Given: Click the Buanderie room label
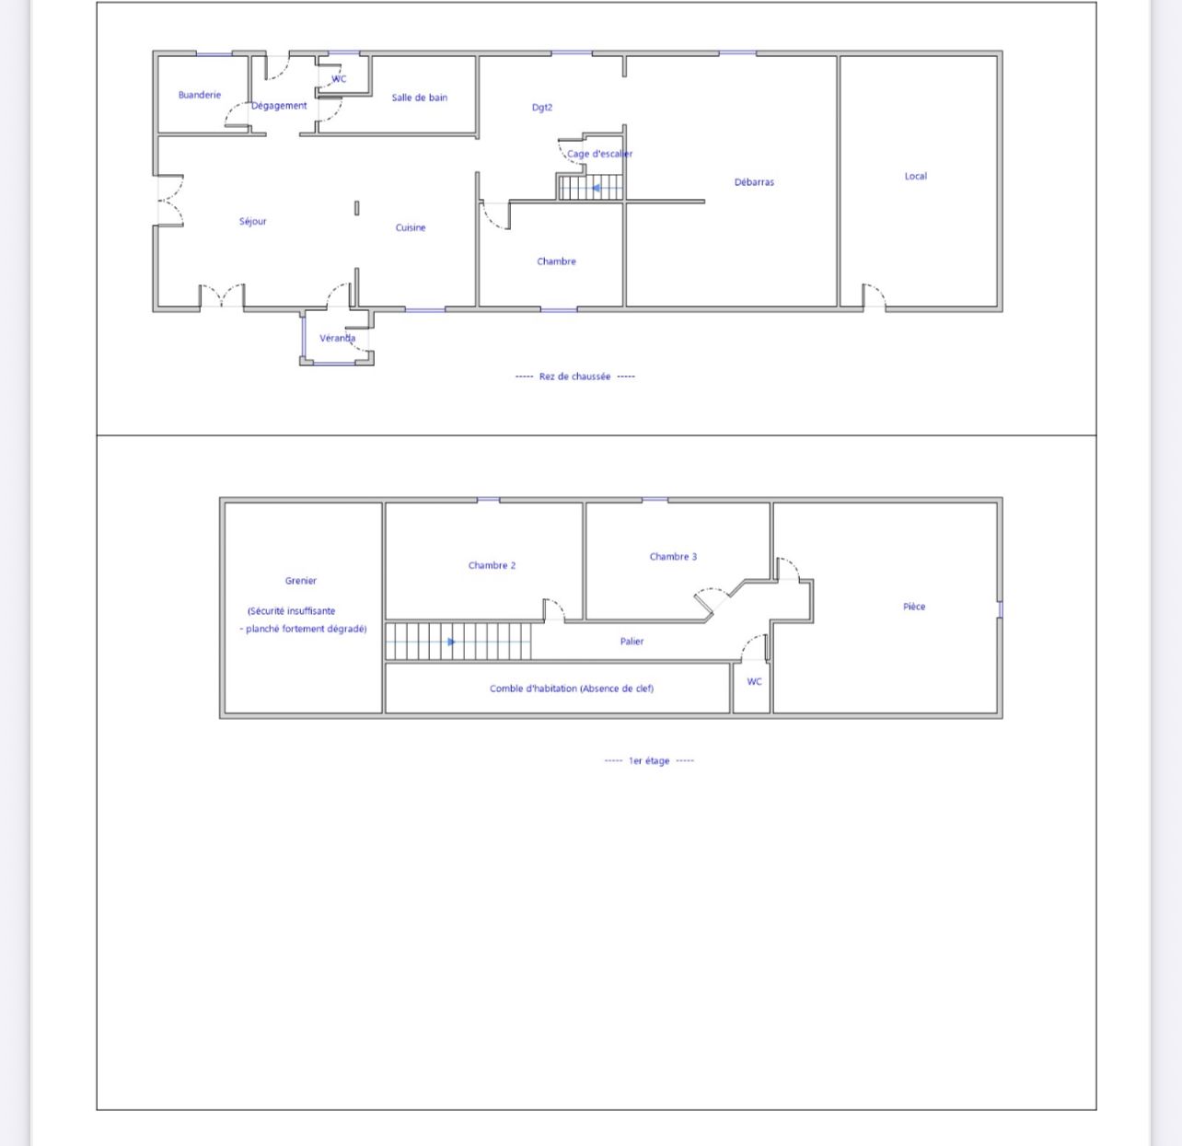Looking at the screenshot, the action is (x=199, y=95).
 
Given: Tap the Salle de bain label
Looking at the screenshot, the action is (x=419, y=98).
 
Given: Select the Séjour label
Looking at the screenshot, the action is (x=252, y=222).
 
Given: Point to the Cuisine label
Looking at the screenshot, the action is (x=410, y=227).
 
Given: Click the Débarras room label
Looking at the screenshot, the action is (x=754, y=182).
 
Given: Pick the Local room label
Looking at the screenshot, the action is (x=915, y=176).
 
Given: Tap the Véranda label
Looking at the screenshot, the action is (x=337, y=338).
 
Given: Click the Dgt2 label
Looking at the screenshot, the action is (x=542, y=108).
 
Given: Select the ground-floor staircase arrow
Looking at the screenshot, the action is (x=596, y=189).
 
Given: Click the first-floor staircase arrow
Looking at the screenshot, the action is (x=451, y=642).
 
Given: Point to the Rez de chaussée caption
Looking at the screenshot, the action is (x=574, y=376).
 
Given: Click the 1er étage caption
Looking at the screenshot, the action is (x=649, y=761).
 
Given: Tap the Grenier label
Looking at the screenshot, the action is (x=301, y=581).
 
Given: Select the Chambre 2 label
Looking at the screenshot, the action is (x=492, y=565).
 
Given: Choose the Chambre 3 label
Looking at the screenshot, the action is (x=673, y=556).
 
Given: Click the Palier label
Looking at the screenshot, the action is (x=632, y=642).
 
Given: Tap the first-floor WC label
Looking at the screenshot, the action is (x=754, y=681).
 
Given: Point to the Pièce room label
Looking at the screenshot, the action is (x=914, y=606).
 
